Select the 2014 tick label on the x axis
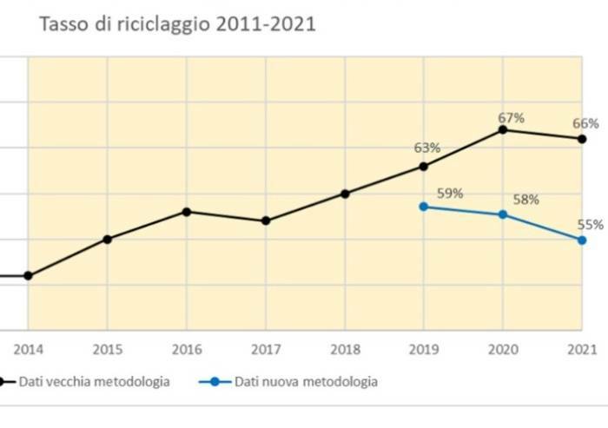point(27,350)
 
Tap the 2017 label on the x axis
point(266,350)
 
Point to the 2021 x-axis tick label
point(582,350)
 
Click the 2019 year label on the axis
point(424,350)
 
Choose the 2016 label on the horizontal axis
point(186,350)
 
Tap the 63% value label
point(428,147)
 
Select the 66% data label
point(582,122)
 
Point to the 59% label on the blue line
point(450,193)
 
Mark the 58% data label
point(525,200)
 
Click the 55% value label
point(591,224)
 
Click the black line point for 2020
point(503,130)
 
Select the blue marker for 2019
point(423,207)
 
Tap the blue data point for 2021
point(582,240)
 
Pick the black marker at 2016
point(186,212)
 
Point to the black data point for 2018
point(345,194)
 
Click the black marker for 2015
point(107,239)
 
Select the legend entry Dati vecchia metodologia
point(95,381)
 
